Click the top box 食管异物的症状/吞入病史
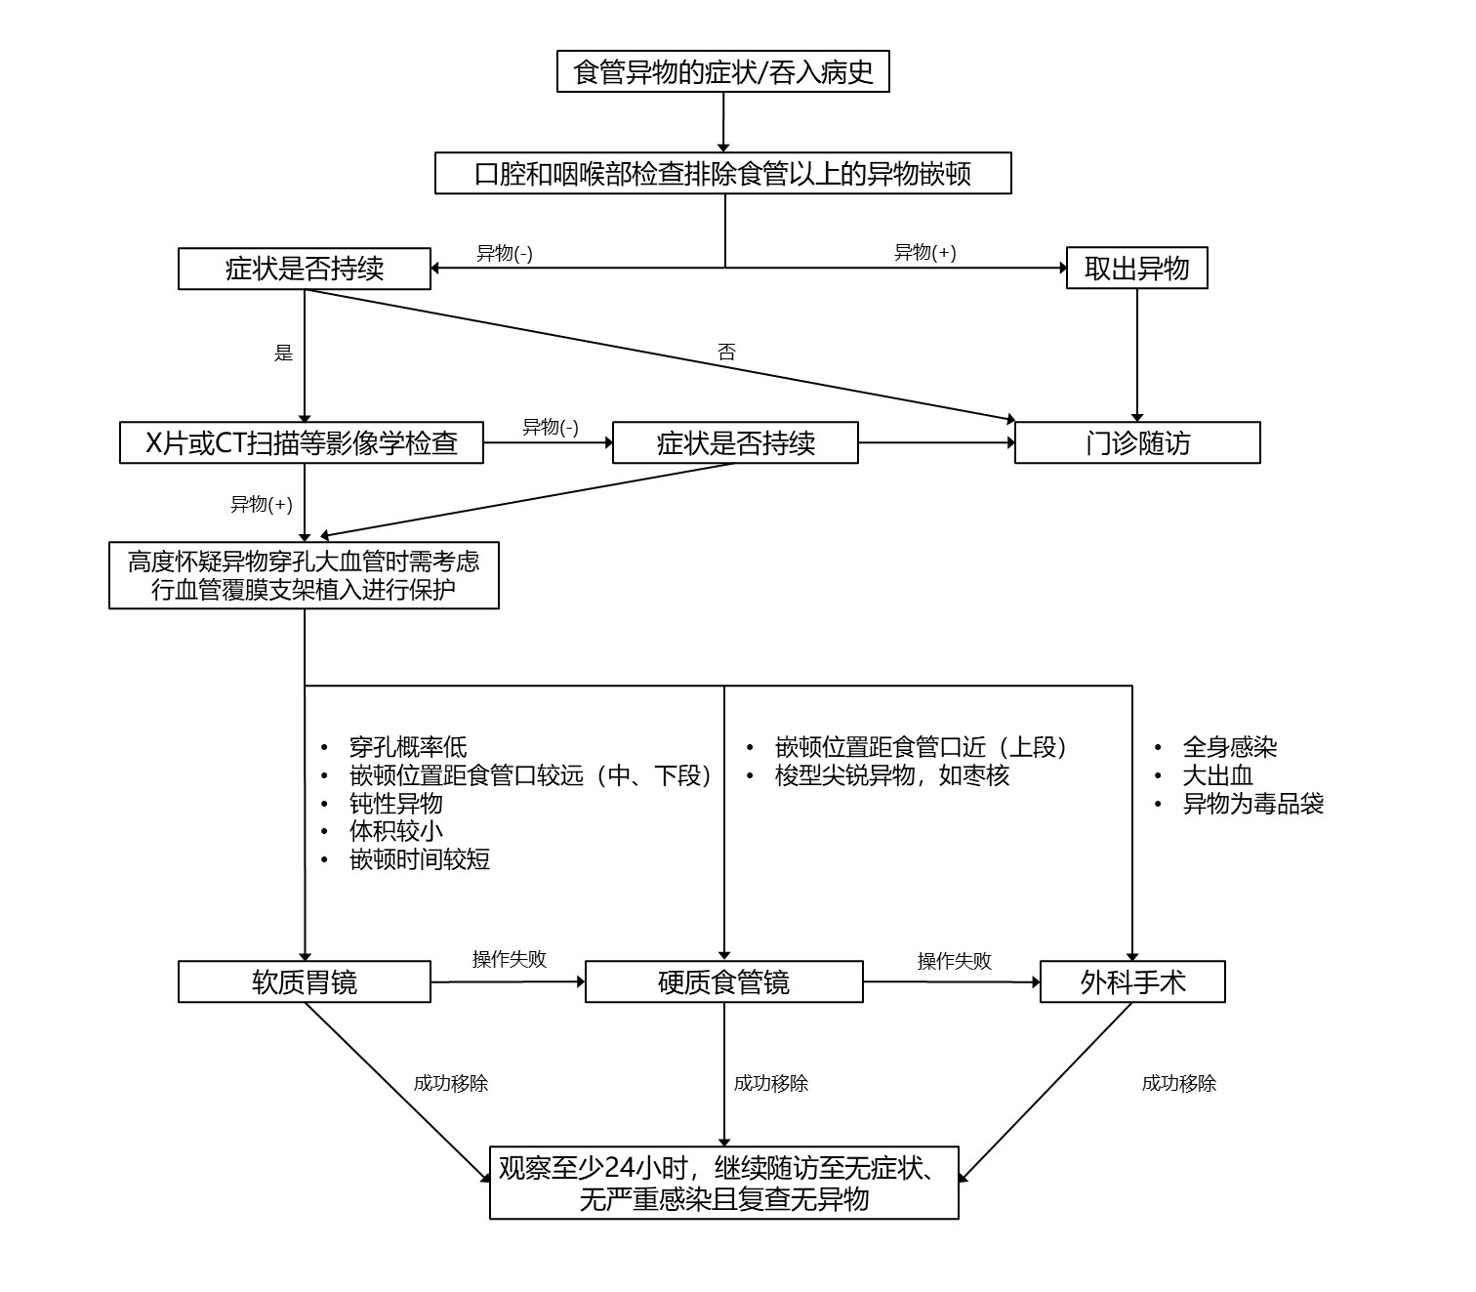[722, 71]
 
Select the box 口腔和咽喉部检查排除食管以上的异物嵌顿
[722, 174]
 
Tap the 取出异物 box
[1136, 269]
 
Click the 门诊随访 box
[1137, 442]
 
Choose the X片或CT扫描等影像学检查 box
[301, 442]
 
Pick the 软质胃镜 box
[304, 981]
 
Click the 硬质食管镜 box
[723, 981]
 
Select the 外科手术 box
[1132, 981]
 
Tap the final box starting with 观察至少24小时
[723, 1183]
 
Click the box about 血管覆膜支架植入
[304, 575]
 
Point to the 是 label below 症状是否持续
[283, 353]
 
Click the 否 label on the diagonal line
[726, 353]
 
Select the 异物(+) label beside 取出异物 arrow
[924, 252]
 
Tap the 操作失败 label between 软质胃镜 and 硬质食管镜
[509, 959]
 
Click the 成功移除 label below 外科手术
[1178, 1083]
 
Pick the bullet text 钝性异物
[395, 803]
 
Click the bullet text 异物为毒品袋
[1252, 804]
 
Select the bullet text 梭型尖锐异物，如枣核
[891, 775]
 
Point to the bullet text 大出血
[1217, 775]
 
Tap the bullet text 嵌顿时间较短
[419, 859]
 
